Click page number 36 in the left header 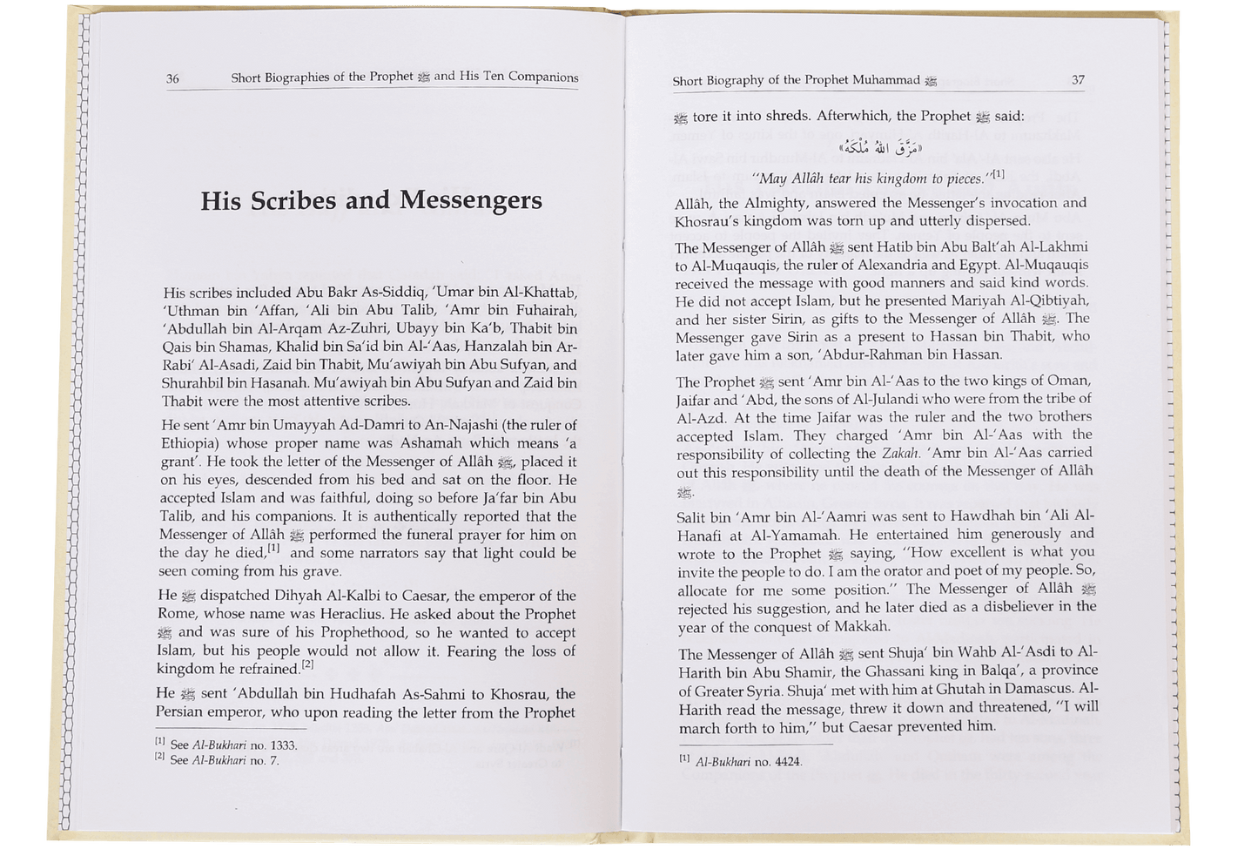pyautogui.click(x=172, y=78)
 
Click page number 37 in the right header pyautogui.click(x=1078, y=80)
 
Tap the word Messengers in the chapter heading pyautogui.click(x=470, y=201)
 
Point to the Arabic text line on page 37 pyautogui.click(x=878, y=148)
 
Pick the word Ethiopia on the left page pyautogui.click(x=190, y=442)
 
